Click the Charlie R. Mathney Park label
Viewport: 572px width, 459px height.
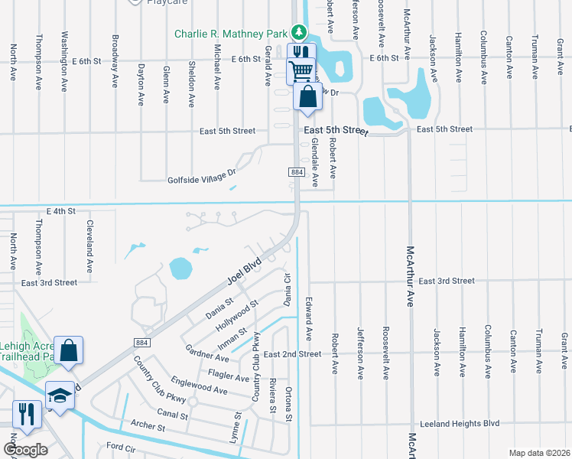(230, 34)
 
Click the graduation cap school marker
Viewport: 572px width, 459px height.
(58, 395)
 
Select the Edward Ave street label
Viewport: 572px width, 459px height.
(310, 318)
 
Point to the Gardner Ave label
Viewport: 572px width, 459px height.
(206, 353)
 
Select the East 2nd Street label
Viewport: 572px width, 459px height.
(292, 354)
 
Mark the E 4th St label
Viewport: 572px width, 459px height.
(61, 210)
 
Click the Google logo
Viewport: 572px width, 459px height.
(26, 450)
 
